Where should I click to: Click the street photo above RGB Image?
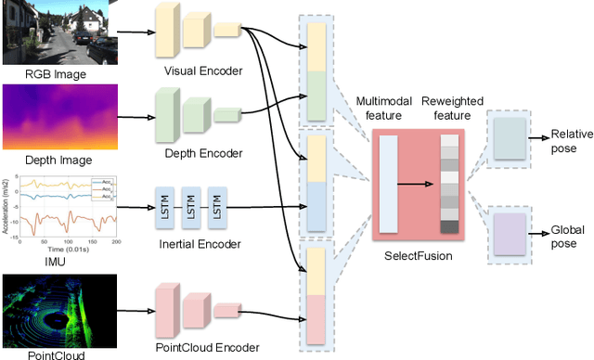[x=58, y=32]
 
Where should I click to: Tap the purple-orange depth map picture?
[x=58, y=115]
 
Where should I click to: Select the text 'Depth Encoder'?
[x=201, y=153]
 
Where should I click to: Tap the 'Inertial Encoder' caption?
[x=200, y=244]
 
